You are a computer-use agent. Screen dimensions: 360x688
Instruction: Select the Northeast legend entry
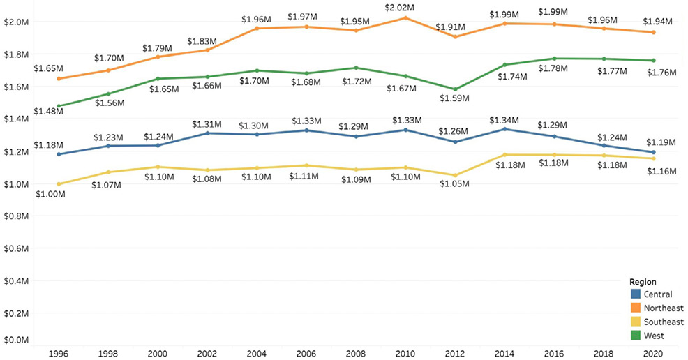[x=664, y=308]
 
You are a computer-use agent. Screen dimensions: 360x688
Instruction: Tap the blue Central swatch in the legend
[x=635, y=294]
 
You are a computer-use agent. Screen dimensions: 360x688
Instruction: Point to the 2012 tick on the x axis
[x=455, y=354]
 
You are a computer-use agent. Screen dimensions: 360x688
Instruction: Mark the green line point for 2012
[x=455, y=89]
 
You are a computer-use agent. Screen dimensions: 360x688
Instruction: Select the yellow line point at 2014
[x=504, y=155]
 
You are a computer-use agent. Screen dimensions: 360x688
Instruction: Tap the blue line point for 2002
[x=208, y=133]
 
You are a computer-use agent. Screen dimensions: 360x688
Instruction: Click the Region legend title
[x=643, y=282]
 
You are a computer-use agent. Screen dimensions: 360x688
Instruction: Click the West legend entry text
[x=655, y=336]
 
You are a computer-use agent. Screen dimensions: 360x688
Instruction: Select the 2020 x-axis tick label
[x=652, y=354]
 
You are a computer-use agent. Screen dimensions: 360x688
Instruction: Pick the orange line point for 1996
[x=59, y=79]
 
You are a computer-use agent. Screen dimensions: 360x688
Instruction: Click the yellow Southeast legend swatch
[x=635, y=322]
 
